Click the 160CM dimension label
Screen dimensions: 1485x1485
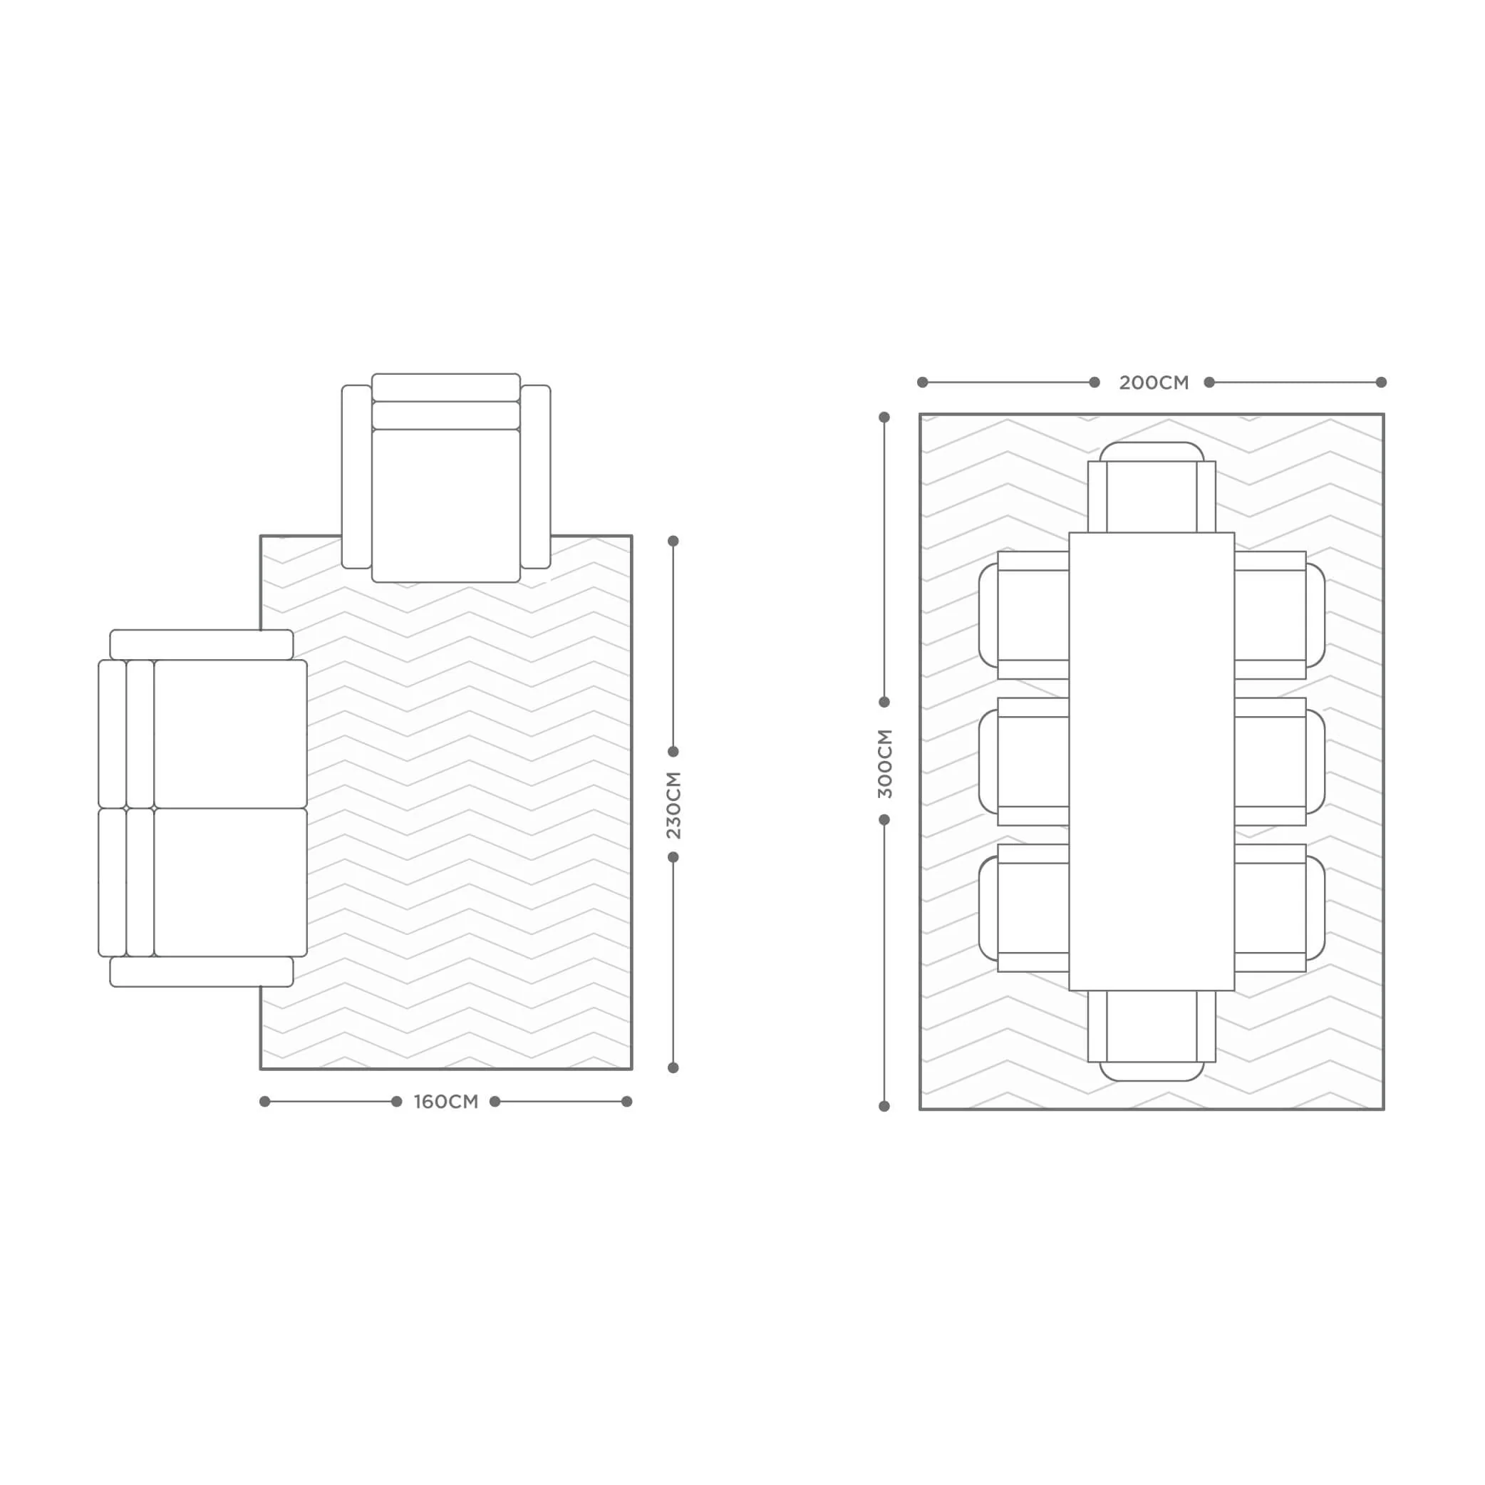[446, 1102]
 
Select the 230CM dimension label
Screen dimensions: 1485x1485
[673, 804]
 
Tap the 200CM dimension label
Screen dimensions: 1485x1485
[1153, 383]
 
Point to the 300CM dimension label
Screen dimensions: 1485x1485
[885, 763]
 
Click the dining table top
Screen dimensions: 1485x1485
[1152, 761]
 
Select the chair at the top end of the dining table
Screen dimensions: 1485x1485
[1152, 487]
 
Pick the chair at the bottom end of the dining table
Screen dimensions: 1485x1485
[1152, 1035]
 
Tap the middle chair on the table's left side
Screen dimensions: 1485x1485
[1024, 761]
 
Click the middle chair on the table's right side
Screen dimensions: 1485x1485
[1280, 761]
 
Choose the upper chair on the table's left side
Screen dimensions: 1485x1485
[1024, 615]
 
